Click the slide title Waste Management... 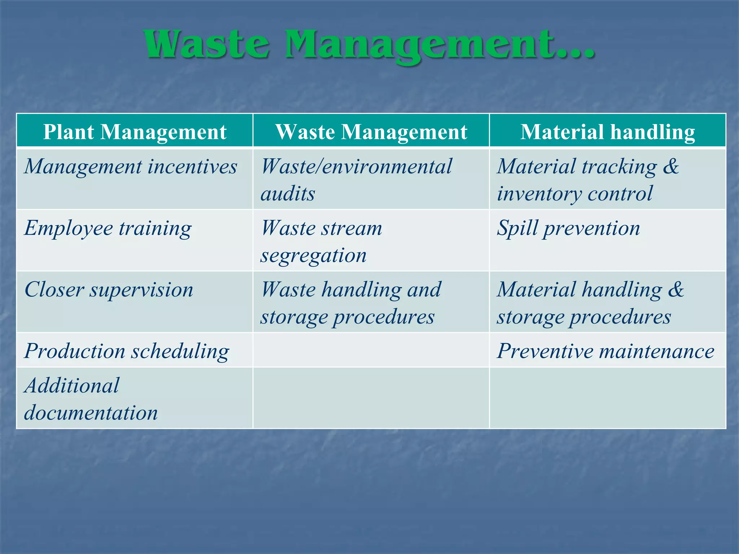[x=369, y=45]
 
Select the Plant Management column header [x=135, y=132]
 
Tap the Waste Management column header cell [x=371, y=132]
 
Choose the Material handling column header [x=607, y=132]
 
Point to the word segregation [x=313, y=256]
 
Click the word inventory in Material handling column [x=539, y=194]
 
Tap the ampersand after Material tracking [x=671, y=167]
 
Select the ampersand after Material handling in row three [x=675, y=290]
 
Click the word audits [x=288, y=194]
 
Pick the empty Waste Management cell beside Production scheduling [x=371, y=350]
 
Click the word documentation [x=91, y=413]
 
